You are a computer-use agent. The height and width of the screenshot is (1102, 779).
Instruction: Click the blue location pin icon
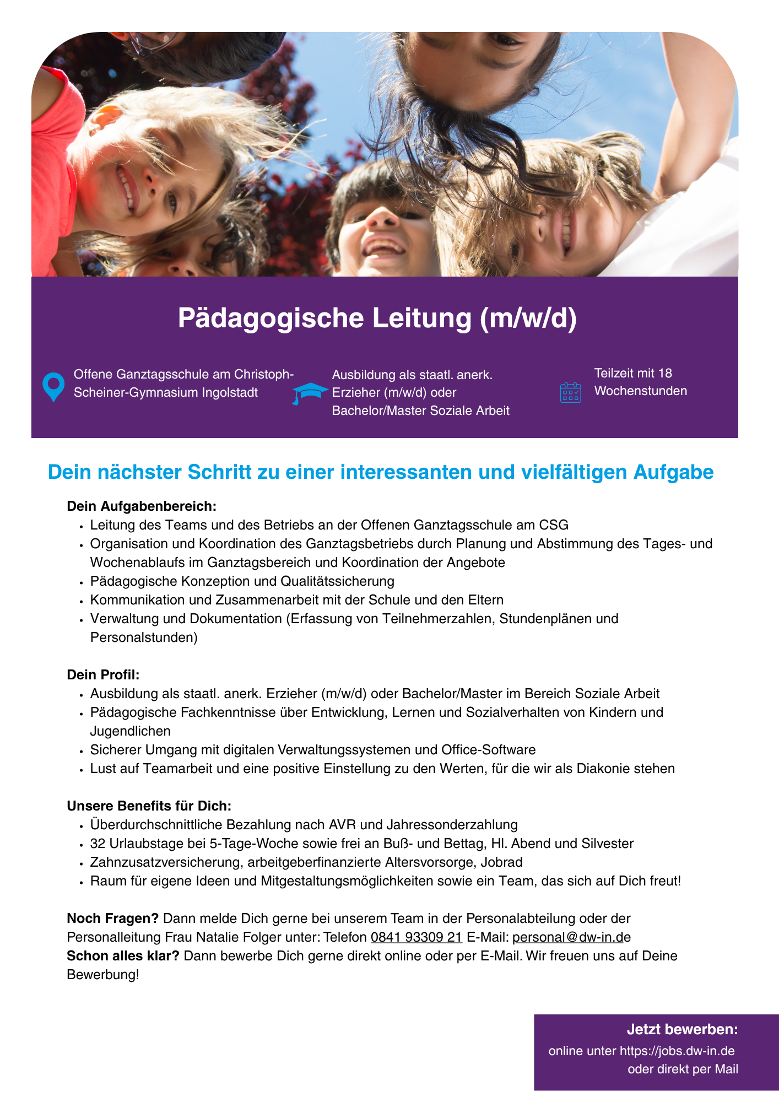(53, 386)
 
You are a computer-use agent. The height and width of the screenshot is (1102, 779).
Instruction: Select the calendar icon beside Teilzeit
(570, 392)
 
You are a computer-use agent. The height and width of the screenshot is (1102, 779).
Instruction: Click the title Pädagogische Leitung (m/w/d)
(377, 318)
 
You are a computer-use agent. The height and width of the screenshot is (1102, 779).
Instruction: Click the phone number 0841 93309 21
(416, 937)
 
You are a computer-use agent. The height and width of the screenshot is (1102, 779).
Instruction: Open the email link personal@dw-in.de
(571, 937)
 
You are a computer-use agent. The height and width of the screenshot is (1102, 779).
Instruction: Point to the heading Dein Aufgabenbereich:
(142, 506)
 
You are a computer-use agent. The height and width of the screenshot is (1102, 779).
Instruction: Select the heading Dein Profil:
(103, 674)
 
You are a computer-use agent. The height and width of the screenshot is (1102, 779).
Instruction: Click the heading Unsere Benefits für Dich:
(149, 806)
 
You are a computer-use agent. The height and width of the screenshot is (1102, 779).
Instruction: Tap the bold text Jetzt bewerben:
(682, 1029)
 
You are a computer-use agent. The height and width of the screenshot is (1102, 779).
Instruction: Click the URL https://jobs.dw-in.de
(677, 1051)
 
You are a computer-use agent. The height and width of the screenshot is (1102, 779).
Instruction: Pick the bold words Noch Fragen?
(112, 919)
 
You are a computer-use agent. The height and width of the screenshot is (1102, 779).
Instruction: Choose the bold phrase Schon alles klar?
(123, 956)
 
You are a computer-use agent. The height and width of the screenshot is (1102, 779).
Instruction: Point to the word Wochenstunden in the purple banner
(640, 391)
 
